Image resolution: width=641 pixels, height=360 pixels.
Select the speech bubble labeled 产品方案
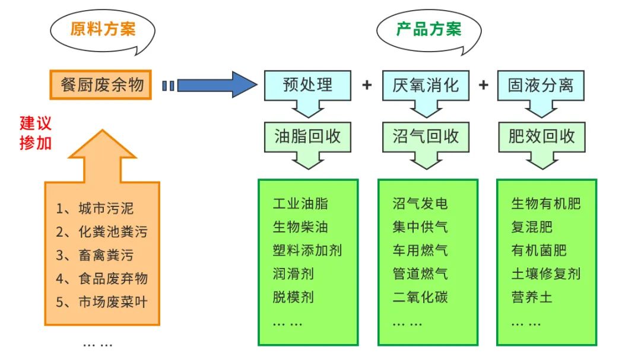click(429, 29)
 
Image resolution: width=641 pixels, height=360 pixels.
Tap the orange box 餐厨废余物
click(102, 85)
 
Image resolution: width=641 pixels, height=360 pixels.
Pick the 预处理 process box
click(307, 84)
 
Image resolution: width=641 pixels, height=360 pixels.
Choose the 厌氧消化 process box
click(426, 84)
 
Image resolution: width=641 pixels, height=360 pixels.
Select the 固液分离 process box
click(541, 84)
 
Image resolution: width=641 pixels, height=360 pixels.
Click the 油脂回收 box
click(307, 136)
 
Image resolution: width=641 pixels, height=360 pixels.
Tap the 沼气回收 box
click(426, 136)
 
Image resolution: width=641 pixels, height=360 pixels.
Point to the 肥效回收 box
click(541, 136)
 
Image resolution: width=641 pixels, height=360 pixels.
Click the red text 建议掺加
click(36, 133)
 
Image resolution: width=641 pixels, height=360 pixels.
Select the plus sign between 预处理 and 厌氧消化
click(367, 85)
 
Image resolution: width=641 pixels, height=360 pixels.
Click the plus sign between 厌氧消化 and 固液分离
click(484, 85)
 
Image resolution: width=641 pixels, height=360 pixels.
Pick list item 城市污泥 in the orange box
click(106, 208)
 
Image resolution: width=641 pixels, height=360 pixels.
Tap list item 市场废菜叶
click(112, 302)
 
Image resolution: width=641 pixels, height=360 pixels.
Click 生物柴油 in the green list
click(300, 227)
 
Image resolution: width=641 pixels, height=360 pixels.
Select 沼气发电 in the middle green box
click(420, 204)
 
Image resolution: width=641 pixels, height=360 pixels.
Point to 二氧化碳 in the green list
click(420, 297)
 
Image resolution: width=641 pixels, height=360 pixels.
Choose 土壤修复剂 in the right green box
click(545, 273)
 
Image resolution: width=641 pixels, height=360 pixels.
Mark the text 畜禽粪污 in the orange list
click(106, 255)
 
